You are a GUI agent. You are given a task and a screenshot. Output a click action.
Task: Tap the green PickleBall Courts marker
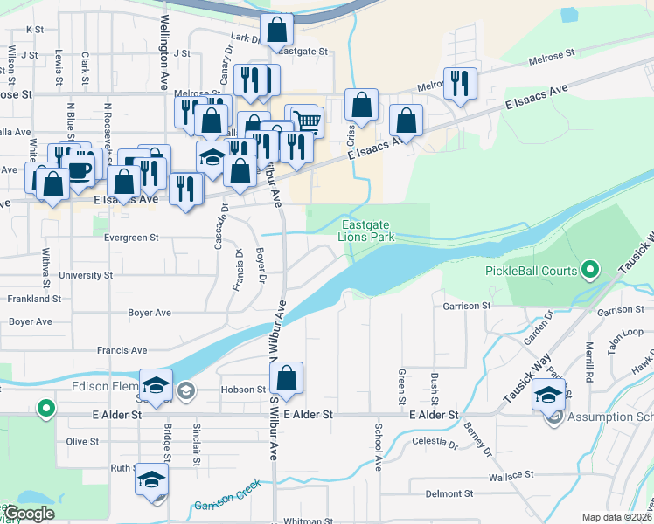click(590, 271)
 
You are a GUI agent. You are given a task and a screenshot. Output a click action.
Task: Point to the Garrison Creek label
click(227, 506)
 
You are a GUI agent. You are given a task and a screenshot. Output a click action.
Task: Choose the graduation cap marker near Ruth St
click(151, 479)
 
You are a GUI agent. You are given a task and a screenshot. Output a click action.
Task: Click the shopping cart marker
click(305, 120)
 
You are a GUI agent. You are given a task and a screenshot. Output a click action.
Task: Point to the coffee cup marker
click(78, 169)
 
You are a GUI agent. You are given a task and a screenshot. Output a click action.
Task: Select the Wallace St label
click(511, 475)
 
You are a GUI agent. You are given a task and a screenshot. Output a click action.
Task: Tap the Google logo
click(28, 514)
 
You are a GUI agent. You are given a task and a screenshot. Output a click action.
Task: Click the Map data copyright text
click(616, 517)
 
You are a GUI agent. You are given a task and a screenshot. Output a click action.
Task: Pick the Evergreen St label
click(131, 237)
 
